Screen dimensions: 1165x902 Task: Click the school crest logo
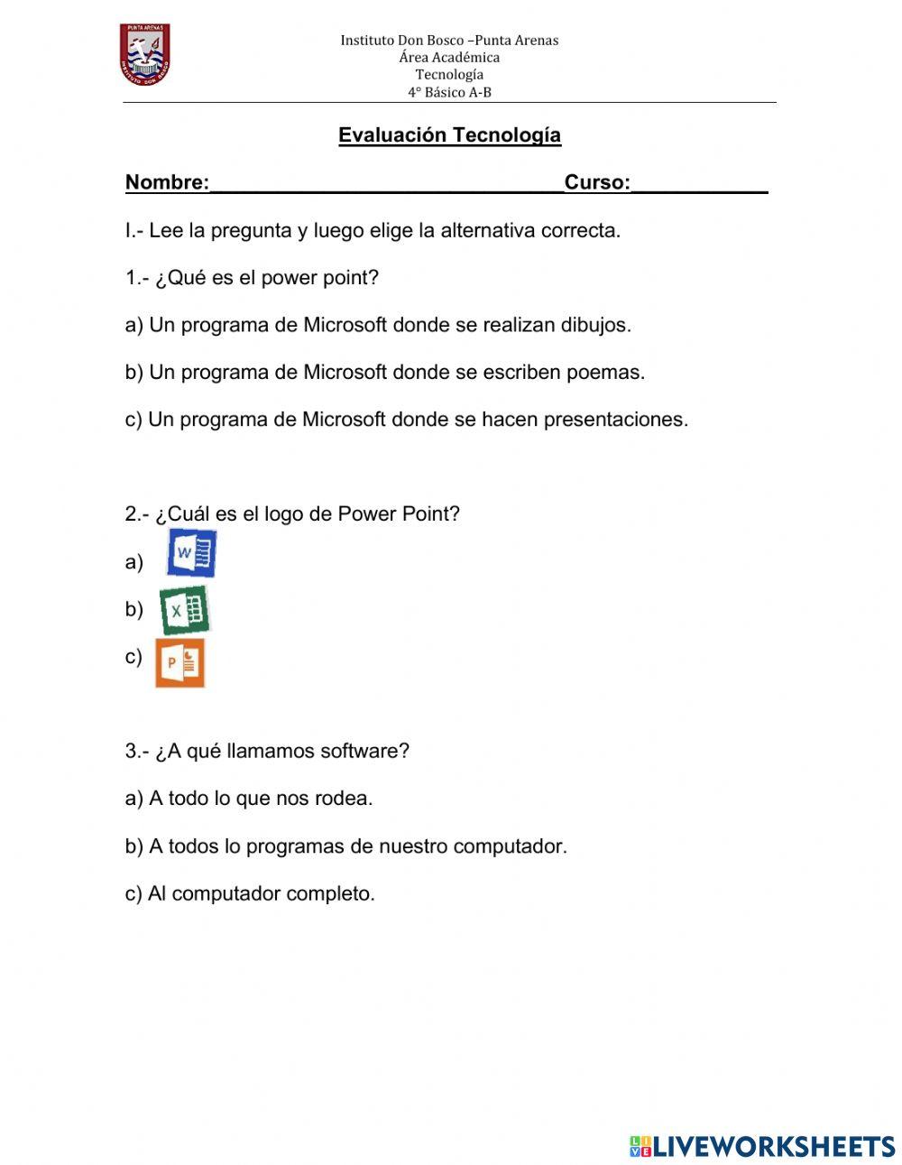pyautogui.click(x=144, y=54)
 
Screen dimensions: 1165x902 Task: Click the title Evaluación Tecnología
pyautogui.click(x=449, y=135)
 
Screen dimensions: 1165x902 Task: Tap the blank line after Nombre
pyautogui.click(x=386, y=183)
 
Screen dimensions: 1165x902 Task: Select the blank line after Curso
pyautogui.click(x=699, y=183)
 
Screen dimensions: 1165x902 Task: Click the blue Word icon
pyautogui.click(x=191, y=553)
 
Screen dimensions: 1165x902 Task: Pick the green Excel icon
pyautogui.click(x=184, y=610)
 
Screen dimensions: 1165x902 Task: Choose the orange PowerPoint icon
pyautogui.click(x=179, y=663)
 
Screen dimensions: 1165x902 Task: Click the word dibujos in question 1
pyautogui.click(x=595, y=325)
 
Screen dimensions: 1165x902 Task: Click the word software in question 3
pyautogui.click(x=364, y=751)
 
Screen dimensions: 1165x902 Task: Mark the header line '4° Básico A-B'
pyautogui.click(x=449, y=92)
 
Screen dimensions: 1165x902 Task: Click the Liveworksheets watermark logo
pyautogui.click(x=762, y=1146)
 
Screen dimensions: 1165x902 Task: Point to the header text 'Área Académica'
pyautogui.click(x=449, y=58)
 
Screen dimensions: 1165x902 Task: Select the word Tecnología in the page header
pyautogui.click(x=449, y=75)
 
